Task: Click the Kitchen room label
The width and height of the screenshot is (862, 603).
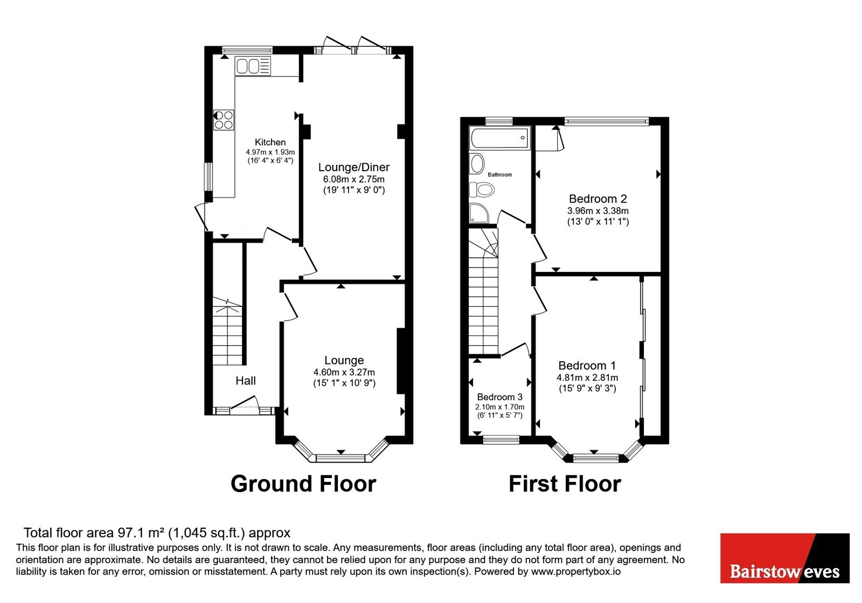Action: (270, 142)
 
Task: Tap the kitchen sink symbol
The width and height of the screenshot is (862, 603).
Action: (253, 66)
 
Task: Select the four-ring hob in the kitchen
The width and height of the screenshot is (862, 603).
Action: (224, 120)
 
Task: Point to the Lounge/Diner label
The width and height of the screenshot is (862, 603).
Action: (353, 167)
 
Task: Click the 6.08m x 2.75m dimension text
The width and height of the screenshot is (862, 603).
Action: (353, 179)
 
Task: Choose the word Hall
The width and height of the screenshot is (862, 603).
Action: (246, 381)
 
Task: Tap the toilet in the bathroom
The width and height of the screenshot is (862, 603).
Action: (482, 189)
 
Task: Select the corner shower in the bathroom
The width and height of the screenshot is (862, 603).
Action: (479, 213)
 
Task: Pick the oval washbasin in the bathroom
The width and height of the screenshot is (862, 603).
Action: (477, 164)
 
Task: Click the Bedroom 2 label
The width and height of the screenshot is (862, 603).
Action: (597, 199)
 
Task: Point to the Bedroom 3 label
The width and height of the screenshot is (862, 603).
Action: (500, 397)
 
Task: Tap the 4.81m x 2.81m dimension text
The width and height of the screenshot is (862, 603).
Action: (587, 377)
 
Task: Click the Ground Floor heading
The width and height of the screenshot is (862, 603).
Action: (303, 484)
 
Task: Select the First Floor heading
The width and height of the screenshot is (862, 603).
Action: (565, 484)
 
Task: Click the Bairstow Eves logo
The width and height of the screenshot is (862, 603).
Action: (784, 558)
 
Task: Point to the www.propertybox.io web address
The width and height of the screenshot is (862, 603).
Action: (576, 571)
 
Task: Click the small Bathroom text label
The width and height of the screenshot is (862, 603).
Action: (500, 174)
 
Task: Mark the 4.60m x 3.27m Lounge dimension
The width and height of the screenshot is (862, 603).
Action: (344, 372)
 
